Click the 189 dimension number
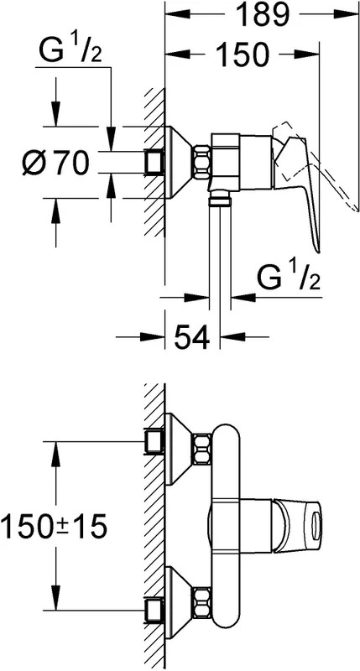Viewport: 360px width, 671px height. (x=263, y=14)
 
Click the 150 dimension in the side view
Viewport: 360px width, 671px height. (x=242, y=54)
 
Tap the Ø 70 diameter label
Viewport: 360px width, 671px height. (x=55, y=163)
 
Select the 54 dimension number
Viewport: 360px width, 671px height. (x=192, y=336)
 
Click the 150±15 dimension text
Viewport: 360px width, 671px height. (x=53, y=527)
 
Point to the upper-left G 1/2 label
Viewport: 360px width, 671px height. (x=70, y=50)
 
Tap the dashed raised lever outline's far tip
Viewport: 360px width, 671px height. (x=356, y=208)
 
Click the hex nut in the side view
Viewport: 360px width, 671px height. (x=201, y=163)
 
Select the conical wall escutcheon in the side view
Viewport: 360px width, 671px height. (x=179, y=163)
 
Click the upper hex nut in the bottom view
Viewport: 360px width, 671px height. (x=202, y=450)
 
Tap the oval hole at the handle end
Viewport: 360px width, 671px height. (x=316, y=526)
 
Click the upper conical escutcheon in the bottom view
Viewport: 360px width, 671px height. (x=179, y=450)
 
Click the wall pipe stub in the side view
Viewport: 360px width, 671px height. (x=154, y=163)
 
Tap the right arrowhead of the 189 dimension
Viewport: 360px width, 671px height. (x=346, y=14)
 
